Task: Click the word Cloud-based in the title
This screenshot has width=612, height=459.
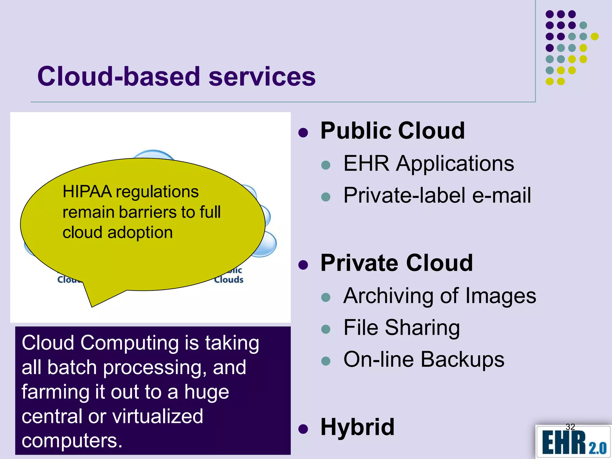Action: (118, 77)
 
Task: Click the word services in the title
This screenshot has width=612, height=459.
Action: (262, 77)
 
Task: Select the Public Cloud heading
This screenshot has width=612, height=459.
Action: (392, 131)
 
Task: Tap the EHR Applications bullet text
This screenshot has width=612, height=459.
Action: (429, 164)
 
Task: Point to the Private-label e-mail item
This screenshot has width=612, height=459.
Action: (437, 195)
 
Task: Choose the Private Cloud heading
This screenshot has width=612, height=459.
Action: (397, 263)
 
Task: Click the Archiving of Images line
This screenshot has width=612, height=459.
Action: (440, 296)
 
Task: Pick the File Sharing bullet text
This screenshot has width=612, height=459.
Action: (401, 328)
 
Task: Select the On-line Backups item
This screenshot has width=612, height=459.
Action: (424, 359)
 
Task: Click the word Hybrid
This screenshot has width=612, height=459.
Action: (357, 427)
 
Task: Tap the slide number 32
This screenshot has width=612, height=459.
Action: (570, 427)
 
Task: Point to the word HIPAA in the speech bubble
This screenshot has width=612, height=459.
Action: (87, 192)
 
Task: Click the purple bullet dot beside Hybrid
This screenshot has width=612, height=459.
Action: (303, 429)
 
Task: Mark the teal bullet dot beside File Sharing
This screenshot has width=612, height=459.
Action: (325, 329)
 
